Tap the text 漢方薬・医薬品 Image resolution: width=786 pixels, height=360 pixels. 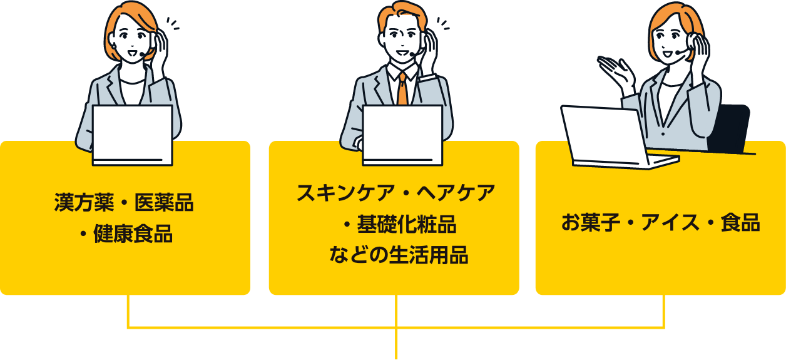pos(124,203)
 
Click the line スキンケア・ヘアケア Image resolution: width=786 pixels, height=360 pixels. pos(396,192)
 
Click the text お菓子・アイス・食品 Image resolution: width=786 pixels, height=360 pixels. pos(660,223)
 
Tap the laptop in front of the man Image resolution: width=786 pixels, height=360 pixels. pos(402,133)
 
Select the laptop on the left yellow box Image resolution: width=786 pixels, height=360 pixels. pos(132,134)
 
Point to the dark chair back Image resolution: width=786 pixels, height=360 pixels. pos(731,128)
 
